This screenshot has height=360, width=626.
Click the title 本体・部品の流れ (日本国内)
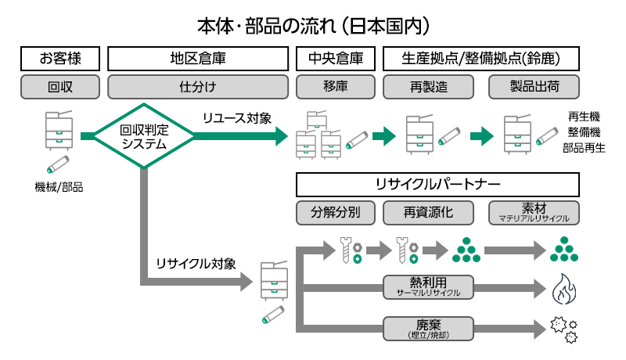point(313,25)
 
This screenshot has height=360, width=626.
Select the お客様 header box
point(60,58)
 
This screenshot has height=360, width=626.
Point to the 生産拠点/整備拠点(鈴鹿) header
point(480,58)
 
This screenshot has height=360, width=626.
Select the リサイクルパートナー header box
point(437,185)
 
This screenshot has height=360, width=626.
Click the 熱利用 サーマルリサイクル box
point(430,287)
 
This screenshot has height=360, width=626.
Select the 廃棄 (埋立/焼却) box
point(430,328)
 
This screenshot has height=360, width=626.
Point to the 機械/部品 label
point(59,187)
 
